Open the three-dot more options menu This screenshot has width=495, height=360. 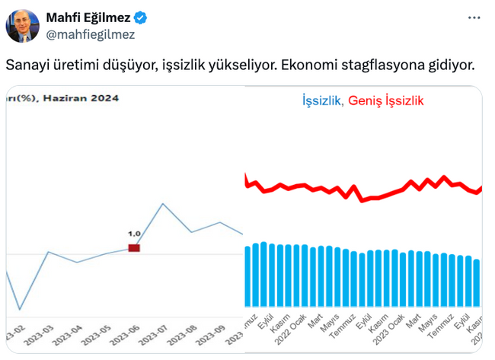474,17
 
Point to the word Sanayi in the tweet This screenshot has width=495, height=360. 28,65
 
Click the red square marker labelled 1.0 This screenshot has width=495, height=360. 134,247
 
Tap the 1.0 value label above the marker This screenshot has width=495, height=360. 134,234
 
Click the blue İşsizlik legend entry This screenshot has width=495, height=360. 321,100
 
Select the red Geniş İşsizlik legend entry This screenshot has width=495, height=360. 385,100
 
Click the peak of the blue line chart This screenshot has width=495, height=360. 163,203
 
